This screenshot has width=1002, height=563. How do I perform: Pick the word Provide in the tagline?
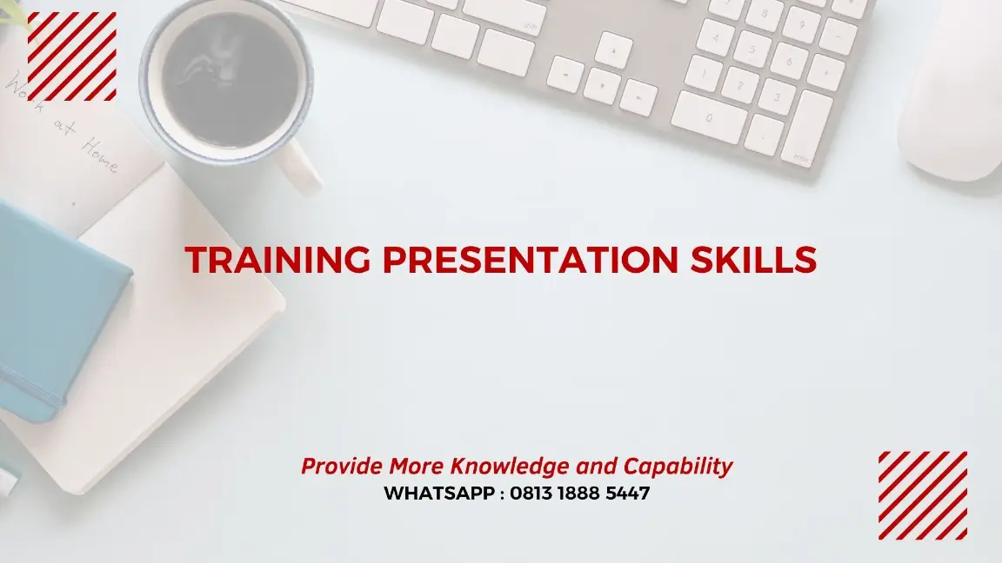pos(342,467)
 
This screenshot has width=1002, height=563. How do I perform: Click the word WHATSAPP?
pos(439,493)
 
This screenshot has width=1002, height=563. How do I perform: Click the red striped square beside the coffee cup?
pos(72,56)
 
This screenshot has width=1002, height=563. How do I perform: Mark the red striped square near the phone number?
pos(922,495)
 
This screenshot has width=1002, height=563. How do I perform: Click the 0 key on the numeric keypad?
pos(708,116)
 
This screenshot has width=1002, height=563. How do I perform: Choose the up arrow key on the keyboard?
pos(615,50)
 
